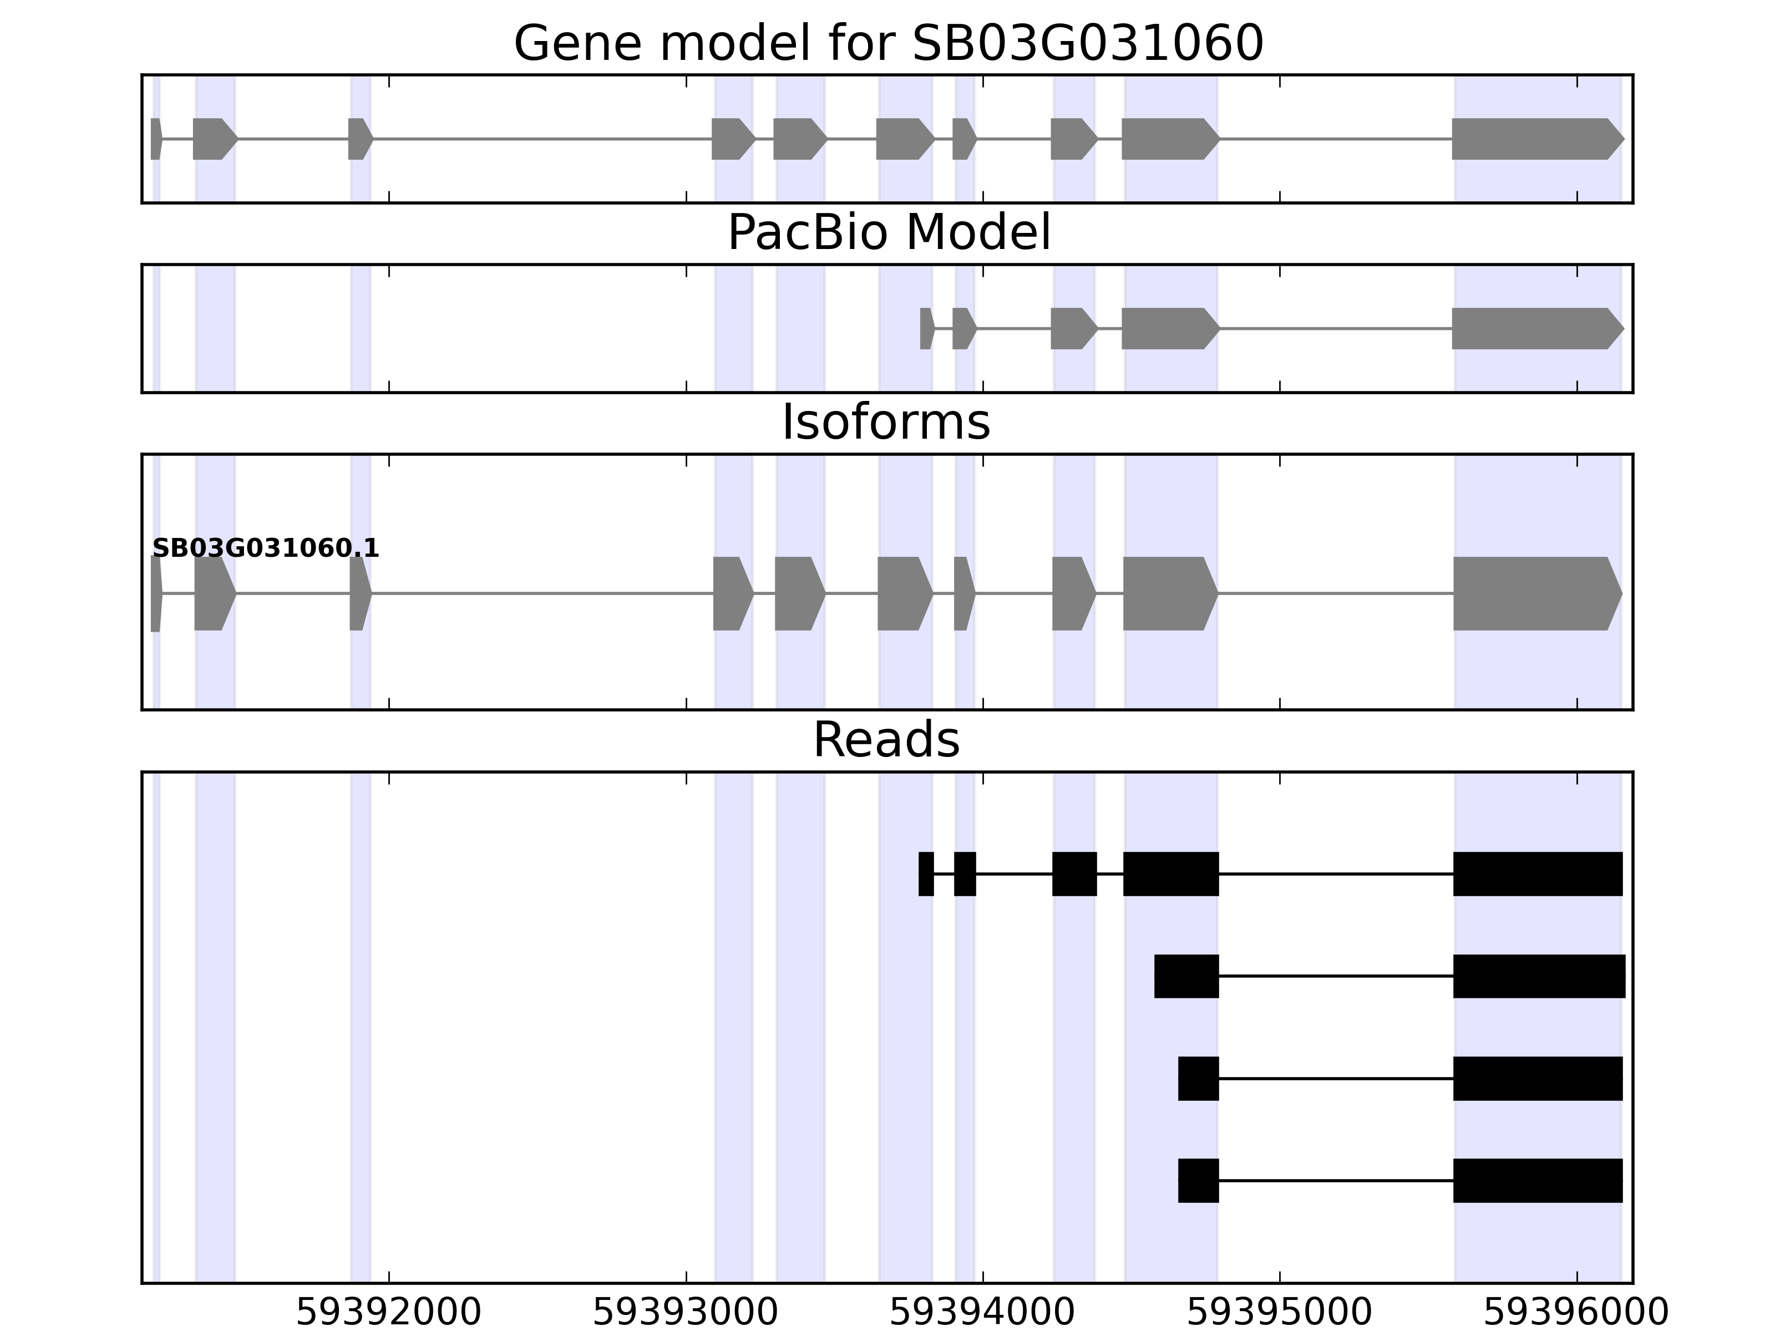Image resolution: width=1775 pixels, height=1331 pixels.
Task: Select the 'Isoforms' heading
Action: [x=886, y=422]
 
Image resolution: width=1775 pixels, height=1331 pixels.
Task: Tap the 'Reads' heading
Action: [x=886, y=740]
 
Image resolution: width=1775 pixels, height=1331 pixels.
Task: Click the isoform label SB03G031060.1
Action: [x=266, y=549]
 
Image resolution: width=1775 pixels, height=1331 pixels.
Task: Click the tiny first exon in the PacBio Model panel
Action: [x=926, y=328]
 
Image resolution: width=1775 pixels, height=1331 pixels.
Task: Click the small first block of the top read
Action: [x=926, y=873]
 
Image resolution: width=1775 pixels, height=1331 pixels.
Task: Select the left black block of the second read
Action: [x=1186, y=977]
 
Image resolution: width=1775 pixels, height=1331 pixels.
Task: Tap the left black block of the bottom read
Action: [x=1198, y=1180]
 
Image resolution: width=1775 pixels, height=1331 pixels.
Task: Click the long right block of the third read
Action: [x=1538, y=1078]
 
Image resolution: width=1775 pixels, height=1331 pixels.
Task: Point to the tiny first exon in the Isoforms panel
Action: [x=156, y=594]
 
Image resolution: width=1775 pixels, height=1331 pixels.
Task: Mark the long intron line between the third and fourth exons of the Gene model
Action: [x=541, y=139]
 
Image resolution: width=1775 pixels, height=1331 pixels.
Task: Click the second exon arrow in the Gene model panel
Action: [x=214, y=139]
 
